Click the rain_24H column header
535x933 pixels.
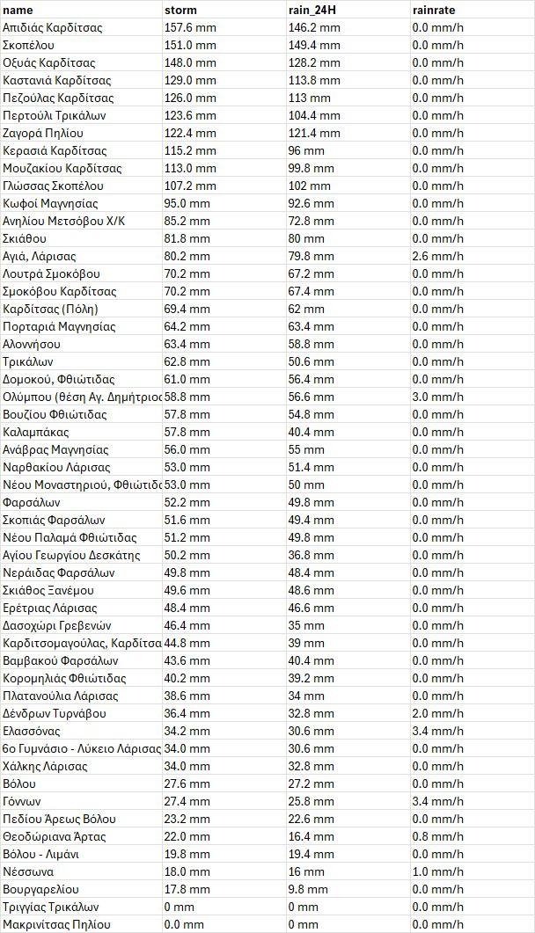pos(314,10)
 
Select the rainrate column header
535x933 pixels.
pos(434,10)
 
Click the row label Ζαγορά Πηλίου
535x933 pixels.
pos(43,133)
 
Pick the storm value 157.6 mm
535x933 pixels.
pos(190,27)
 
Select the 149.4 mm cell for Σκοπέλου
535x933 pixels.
pos(314,45)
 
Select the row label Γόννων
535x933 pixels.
pos(22,801)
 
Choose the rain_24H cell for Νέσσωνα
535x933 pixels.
pos(306,871)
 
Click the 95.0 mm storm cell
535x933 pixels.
pos(187,203)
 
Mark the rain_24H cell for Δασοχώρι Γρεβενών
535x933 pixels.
pos(306,625)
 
